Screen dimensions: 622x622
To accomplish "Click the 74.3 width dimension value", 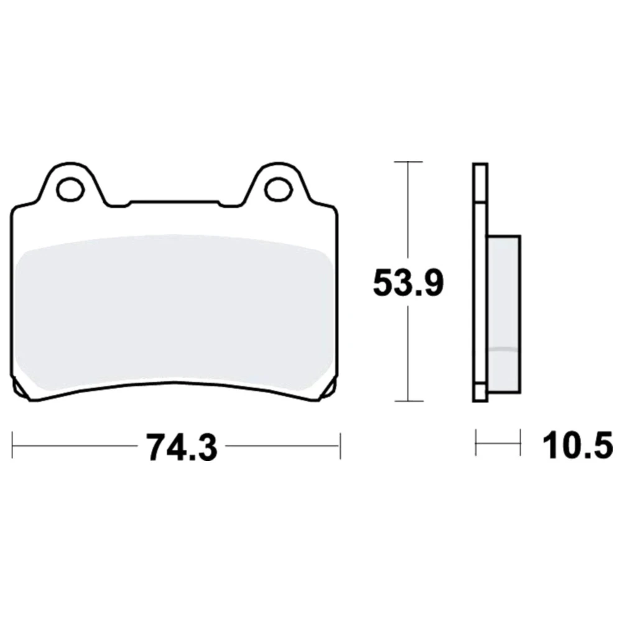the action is point(182,447).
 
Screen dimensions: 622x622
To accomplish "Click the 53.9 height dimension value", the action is point(408,282).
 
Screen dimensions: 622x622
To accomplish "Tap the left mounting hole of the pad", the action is point(72,189).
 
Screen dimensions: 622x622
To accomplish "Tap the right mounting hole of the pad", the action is point(278,189).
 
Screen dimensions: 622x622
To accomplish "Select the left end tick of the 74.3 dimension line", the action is point(12,445).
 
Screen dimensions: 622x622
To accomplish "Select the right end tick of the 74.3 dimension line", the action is point(340,445).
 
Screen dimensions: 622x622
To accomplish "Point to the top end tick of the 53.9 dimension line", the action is point(408,162).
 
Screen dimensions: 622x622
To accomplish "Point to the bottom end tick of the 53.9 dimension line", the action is point(409,401).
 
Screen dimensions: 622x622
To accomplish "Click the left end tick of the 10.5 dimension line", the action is point(476,442).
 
